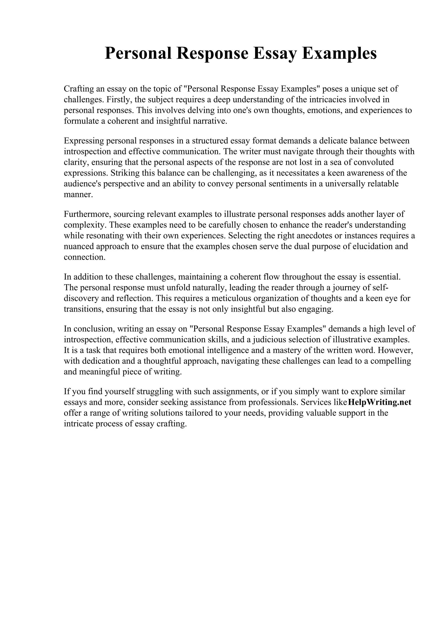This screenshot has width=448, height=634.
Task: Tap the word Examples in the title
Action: click(x=339, y=53)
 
